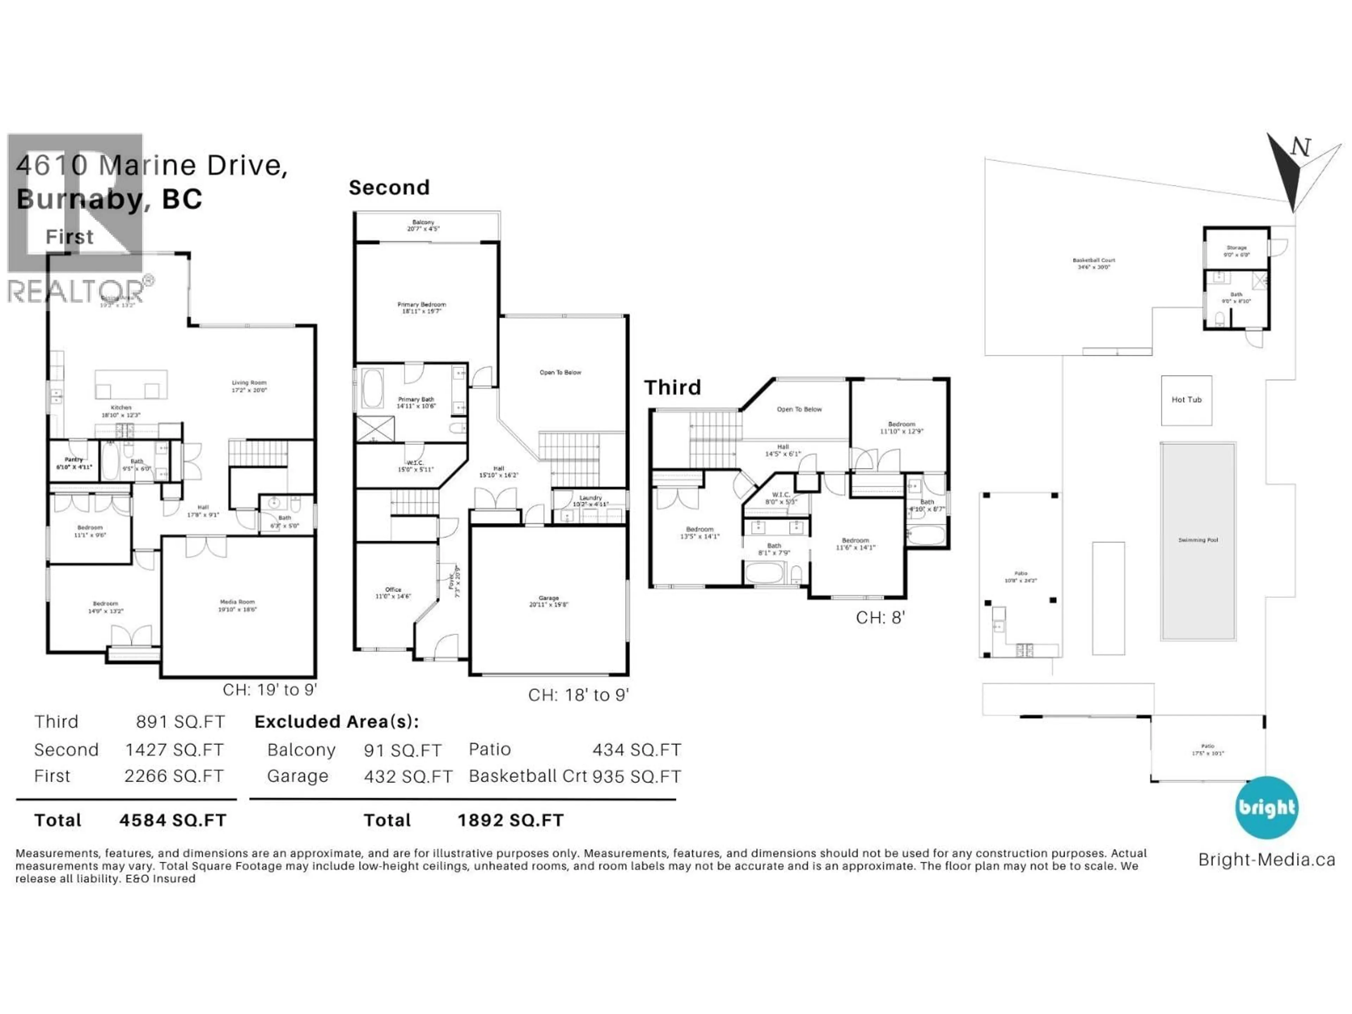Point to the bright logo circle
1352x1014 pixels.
(x=1266, y=807)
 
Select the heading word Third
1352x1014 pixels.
(x=672, y=388)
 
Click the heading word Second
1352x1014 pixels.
(x=389, y=188)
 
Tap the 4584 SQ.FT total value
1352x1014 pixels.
(x=173, y=820)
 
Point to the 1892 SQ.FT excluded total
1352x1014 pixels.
(x=511, y=820)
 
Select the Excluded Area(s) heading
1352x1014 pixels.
(x=336, y=722)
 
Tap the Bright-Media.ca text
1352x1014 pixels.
(x=1266, y=859)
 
